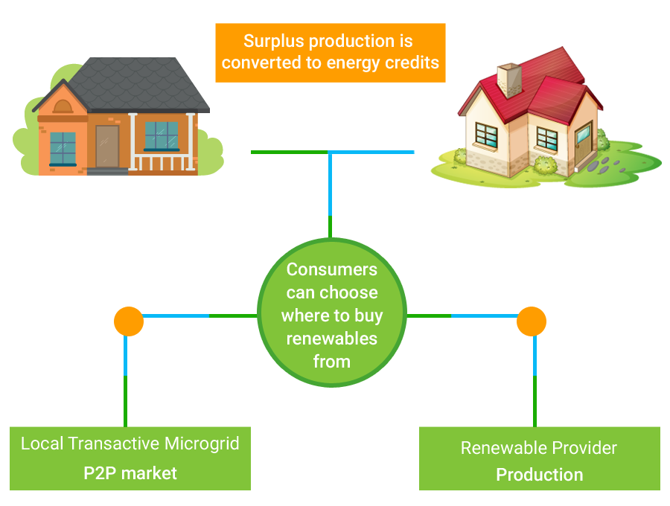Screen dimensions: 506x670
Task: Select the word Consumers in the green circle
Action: pos(331,269)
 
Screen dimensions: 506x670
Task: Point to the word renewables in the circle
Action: pos(331,339)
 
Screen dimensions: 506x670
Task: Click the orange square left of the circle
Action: pos(128,321)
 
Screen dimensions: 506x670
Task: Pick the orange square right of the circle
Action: pos(531,321)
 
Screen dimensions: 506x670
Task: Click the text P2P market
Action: pos(130,473)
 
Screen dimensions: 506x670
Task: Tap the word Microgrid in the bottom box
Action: pos(202,444)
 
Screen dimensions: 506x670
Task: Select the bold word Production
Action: pos(539,475)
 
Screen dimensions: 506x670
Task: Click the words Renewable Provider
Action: pos(539,448)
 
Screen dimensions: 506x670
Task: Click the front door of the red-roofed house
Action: pos(581,147)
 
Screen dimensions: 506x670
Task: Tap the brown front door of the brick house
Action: pos(107,146)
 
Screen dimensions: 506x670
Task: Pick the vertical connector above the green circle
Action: pos(330,193)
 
